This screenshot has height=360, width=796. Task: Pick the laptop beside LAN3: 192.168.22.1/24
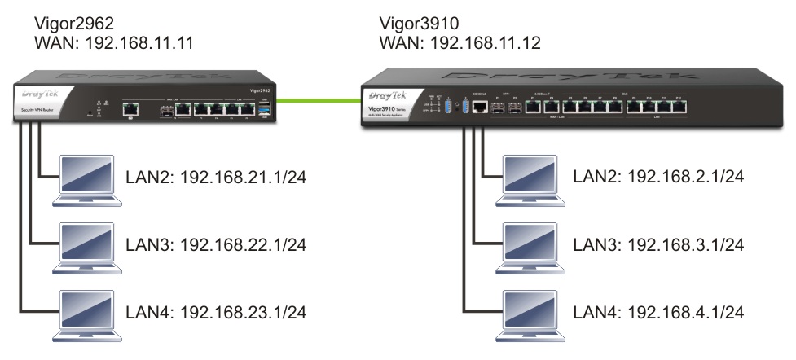coord(88,245)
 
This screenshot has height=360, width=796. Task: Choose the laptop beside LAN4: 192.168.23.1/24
coord(88,313)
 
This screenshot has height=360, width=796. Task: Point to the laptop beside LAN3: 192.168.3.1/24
coord(530,245)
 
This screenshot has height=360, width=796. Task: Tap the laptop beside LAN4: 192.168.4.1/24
coord(530,313)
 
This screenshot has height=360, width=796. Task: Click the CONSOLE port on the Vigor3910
coord(478,108)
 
